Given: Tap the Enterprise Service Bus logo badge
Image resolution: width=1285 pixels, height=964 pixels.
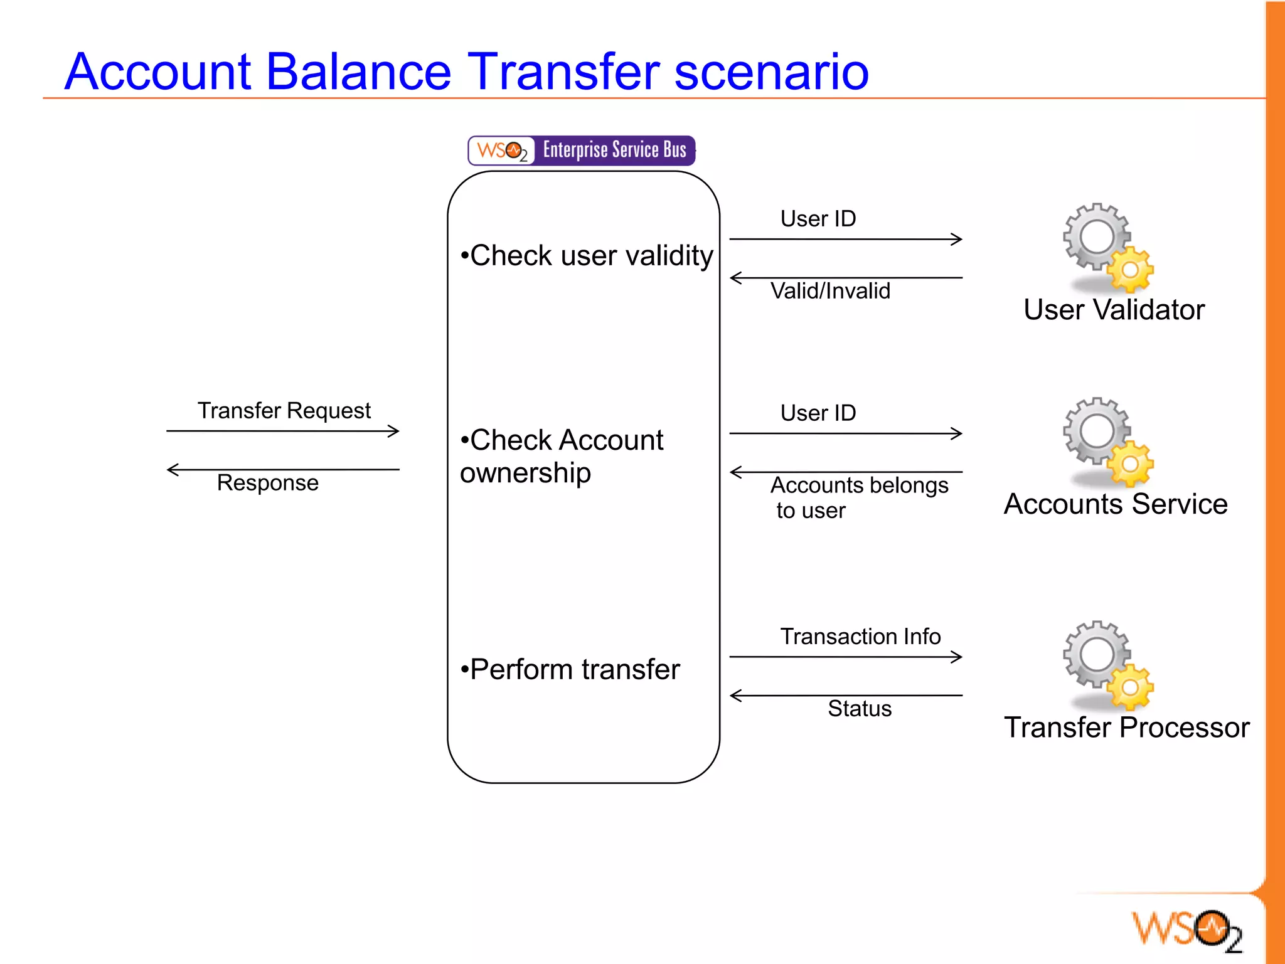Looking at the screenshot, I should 582,151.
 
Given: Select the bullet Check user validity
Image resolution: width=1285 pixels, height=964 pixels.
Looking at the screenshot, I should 587,256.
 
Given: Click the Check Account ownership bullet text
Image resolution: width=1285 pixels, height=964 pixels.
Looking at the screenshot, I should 561,456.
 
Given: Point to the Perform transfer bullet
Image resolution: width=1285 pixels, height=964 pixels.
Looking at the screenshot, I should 570,669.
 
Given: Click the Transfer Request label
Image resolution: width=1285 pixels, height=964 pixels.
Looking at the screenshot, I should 284,411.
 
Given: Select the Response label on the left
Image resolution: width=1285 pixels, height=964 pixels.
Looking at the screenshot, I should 268,483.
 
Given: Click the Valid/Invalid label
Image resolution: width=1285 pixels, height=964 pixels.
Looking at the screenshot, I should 830,291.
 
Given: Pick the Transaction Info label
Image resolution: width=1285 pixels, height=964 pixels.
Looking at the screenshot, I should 860,637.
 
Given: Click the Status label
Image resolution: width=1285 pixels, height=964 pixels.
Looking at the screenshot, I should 860,709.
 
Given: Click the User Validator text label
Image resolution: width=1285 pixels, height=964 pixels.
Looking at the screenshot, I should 1114,310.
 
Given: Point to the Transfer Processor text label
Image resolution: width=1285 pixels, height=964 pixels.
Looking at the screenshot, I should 1127,728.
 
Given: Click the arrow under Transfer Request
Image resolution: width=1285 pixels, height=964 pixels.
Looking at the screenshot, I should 282,431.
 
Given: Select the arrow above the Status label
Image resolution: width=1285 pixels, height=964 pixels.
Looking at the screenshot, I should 846,695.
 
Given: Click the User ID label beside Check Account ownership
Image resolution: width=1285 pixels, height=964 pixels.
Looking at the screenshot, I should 818,413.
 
